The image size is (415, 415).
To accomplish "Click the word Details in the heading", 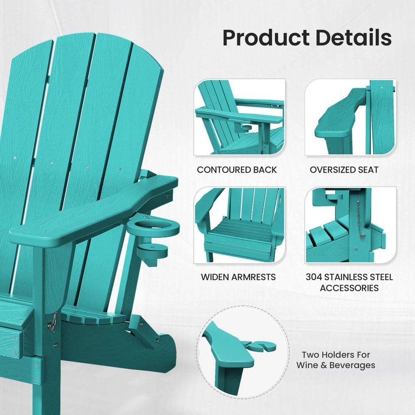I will pyautogui.click(x=354, y=38).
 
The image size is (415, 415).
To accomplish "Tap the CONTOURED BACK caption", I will pyautogui.click(x=237, y=170).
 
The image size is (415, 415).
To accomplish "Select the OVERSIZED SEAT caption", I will pyautogui.click(x=344, y=170).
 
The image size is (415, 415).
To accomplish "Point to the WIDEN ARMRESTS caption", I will pyautogui.click(x=238, y=277).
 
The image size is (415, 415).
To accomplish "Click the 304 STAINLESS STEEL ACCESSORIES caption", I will pyautogui.click(x=349, y=282).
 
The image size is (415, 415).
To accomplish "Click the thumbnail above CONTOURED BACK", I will pyautogui.click(x=240, y=117).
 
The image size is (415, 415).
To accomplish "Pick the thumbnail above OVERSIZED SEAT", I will pyautogui.click(x=350, y=117).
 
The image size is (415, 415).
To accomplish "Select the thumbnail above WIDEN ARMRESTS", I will pyautogui.click(x=240, y=225).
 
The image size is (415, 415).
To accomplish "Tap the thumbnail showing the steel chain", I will pyautogui.click(x=350, y=225).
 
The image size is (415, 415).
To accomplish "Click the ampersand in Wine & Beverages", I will pyautogui.click(x=322, y=366).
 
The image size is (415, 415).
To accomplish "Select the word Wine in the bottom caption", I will pyautogui.click(x=309, y=366).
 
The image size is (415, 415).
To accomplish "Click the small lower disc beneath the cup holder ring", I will pyautogui.click(x=154, y=250).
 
